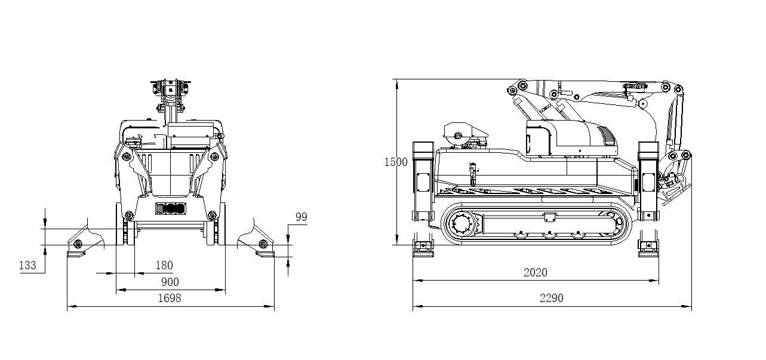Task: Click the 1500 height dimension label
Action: tap(396, 162)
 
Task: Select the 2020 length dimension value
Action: tap(535, 272)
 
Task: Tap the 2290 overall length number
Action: tap(551, 298)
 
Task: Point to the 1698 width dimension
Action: tap(170, 298)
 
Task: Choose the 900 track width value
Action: tap(170, 282)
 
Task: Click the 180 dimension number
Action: tap(164, 265)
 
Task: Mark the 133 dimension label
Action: tap(27, 265)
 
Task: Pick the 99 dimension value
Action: tap(302, 217)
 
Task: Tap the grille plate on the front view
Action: tap(171, 208)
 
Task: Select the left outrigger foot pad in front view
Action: tap(76, 254)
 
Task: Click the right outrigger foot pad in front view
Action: tap(265, 254)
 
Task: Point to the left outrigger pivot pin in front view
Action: tap(78, 244)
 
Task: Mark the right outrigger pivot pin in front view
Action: tap(263, 244)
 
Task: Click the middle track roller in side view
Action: tap(549, 235)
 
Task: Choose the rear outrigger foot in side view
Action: tap(423, 248)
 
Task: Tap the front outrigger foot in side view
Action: tap(648, 248)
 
